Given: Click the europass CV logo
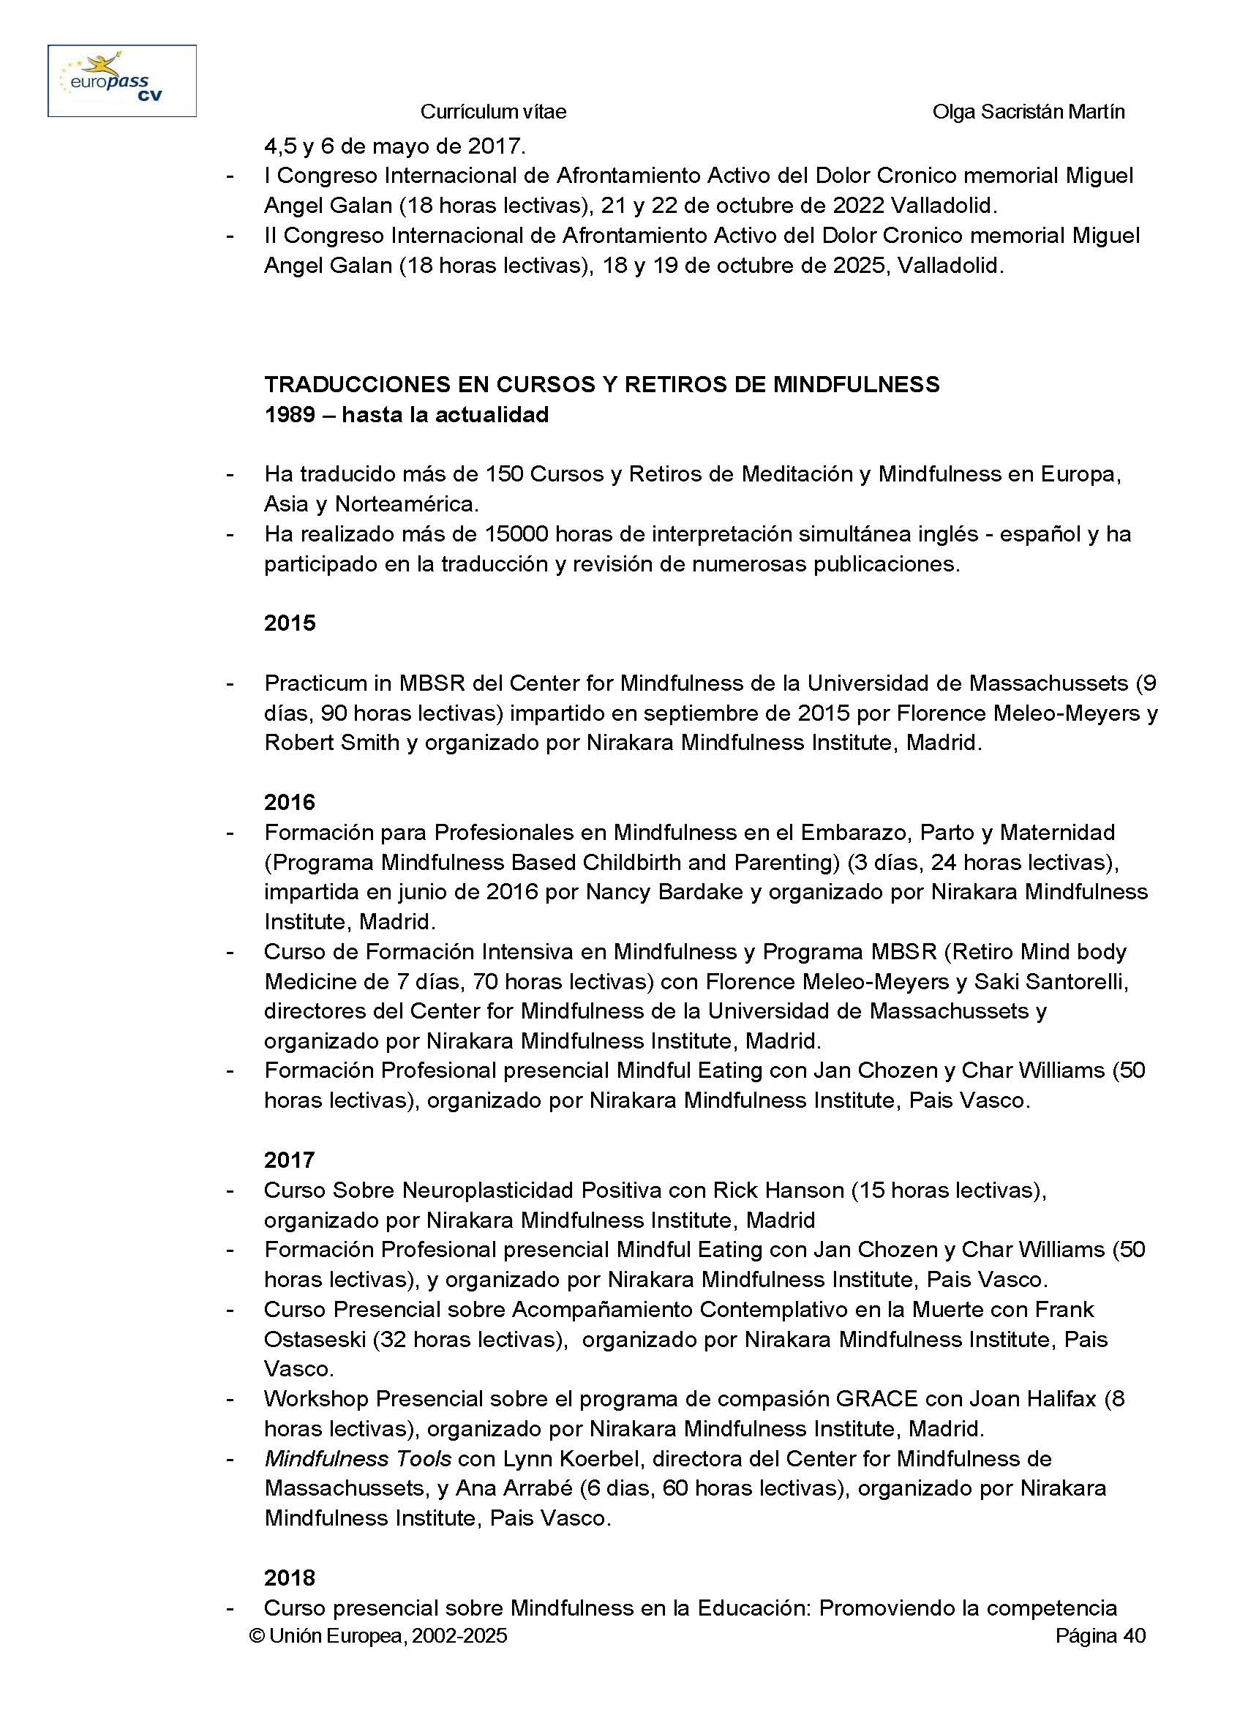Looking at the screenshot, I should (x=122, y=80).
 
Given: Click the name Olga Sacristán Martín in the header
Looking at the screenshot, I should (x=1028, y=112).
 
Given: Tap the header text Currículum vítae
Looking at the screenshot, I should (x=493, y=112).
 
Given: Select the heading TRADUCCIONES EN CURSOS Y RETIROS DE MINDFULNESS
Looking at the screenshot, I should (x=601, y=384).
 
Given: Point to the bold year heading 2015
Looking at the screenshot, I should (x=290, y=623).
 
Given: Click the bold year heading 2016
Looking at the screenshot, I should (x=290, y=802).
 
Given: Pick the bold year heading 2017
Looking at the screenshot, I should (x=290, y=1160).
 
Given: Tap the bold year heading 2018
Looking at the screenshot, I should (x=290, y=1578).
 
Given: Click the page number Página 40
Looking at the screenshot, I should (x=1100, y=1636).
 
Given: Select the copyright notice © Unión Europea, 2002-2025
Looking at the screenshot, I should (x=378, y=1636).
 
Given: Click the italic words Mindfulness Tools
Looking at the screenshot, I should (x=358, y=1458).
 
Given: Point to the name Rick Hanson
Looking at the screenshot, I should (x=778, y=1190).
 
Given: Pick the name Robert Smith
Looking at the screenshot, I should (x=331, y=743).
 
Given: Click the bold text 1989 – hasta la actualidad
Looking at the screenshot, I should (x=406, y=415).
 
